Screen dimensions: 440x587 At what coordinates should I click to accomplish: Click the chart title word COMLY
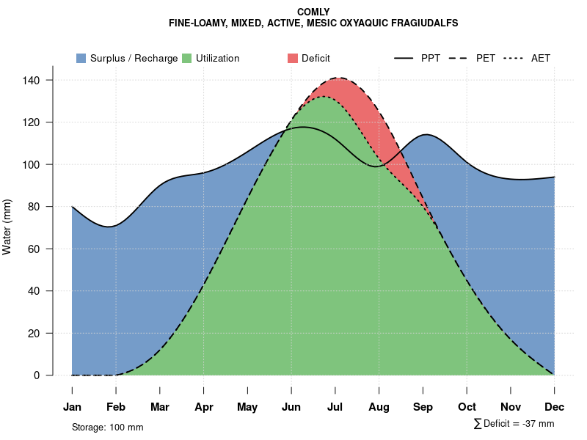(313, 12)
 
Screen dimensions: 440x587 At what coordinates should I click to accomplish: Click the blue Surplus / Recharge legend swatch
(81, 58)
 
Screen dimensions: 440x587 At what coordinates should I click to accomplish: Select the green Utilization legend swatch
(187, 58)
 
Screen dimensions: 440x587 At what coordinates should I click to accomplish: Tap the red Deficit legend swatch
(293, 58)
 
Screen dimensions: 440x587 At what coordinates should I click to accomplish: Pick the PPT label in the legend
(431, 58)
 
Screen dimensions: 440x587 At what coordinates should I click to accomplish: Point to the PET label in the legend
(485, 58)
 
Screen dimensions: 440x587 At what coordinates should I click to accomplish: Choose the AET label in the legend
(541, 58)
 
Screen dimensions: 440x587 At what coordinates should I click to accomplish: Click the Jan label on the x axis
(72, 407)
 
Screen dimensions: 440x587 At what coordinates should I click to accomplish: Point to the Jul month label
(335, 407)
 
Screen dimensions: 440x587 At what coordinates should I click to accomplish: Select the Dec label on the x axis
(555, 407)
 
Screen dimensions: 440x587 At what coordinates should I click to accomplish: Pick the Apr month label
(204, 407)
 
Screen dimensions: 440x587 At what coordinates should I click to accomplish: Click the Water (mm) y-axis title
(7, 227)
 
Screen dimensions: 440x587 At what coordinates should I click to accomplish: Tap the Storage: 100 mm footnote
(107, 427)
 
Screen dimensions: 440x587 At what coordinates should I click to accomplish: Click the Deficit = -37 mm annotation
(518, 423)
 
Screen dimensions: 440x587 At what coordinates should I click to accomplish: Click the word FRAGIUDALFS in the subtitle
(420, 23)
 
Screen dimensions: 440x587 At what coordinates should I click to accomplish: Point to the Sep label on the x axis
(423, 407)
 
